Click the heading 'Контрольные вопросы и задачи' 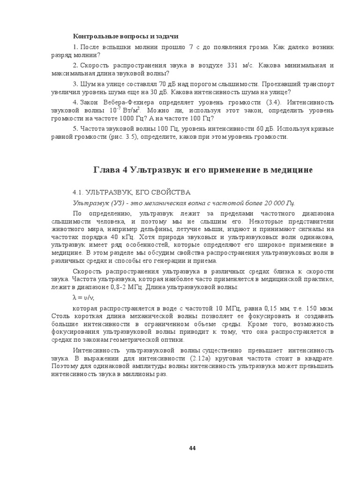126,36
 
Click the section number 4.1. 77,192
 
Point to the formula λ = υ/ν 83,298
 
